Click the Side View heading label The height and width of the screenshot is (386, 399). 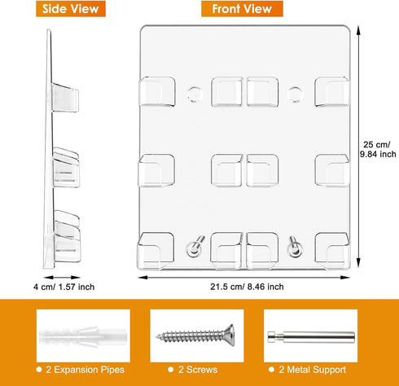(71, 9)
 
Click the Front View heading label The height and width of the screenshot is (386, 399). (242, 9)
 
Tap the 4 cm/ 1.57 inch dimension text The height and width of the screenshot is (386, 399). (64, 287)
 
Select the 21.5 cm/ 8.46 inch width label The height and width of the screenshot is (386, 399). (247, 287)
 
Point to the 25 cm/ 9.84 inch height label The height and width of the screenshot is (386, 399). (378, 149)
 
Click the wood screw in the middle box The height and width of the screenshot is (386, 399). (195, 336)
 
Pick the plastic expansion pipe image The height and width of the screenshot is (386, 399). (83, 336)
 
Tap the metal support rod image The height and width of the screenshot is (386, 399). (311, 337)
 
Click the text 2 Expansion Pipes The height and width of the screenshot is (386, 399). (85, 370)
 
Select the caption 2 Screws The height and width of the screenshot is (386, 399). (198, 370)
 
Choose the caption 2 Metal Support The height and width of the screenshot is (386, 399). (313, 370)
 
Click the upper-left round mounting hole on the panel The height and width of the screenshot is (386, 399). (195, 94)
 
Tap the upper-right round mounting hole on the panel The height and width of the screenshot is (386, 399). (295, 94)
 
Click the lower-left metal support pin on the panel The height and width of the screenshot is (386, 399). (195, 247)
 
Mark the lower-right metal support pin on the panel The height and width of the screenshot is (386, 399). (295, 247)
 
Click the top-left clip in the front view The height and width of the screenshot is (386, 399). (156, 91)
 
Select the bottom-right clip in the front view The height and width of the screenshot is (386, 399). (331, 250)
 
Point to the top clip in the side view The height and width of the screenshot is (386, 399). (65, 98)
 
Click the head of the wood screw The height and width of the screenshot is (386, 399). (230, 335)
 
